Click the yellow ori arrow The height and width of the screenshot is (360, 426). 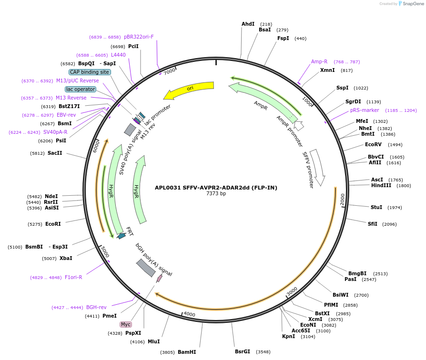point(191,89)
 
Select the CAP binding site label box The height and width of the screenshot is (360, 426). point(90,72)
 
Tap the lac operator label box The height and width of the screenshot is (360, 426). point(81,89)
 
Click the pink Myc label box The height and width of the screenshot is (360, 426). point(126,324)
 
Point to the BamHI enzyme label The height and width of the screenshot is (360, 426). point(187,352)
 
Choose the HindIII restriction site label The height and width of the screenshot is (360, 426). point(381,185)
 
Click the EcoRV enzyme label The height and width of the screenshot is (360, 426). point(373,144)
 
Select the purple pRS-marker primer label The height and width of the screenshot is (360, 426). point(365,110)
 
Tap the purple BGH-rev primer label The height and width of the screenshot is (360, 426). point(96,307)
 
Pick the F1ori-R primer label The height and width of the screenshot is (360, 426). point(73,277)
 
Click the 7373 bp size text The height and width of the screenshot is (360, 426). point(216,194)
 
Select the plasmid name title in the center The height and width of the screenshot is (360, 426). point(216,188)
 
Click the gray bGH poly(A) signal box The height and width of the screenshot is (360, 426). point(146,268)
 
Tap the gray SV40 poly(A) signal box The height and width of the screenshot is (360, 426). point(130,130)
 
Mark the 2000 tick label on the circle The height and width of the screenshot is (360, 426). point(342,200)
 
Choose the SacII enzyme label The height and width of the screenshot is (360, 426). point(55,153)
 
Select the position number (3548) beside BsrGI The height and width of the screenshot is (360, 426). point(263,352)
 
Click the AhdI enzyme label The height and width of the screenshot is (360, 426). point(248,24)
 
